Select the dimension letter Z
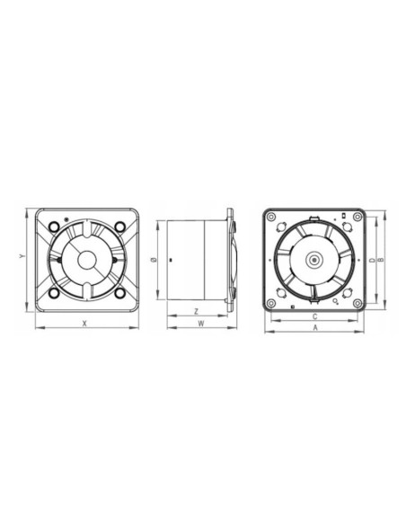[x=196, y=311]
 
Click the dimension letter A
[x=315, y=329]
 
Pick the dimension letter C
[x=315, y=317]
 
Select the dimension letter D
[x=371, y=260]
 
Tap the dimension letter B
[x=381, y=260]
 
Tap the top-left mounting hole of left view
[x=55, y=226]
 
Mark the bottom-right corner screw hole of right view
[x=358, y=304]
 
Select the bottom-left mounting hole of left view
[x=54, y=292]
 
